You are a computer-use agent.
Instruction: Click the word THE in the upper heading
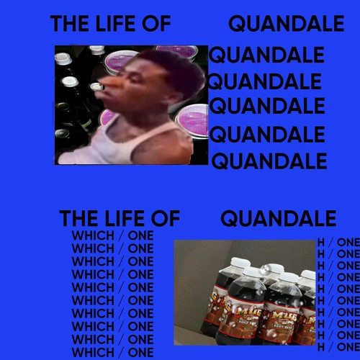(67, 24)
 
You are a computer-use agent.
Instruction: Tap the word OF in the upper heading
(155, 24)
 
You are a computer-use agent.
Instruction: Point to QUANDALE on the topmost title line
(286, 24)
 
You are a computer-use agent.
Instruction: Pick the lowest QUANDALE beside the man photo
(268, 160)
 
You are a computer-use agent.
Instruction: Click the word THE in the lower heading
(76, 218)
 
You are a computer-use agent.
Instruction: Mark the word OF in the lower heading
(163, 218)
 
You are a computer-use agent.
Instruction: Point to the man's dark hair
(155, 61)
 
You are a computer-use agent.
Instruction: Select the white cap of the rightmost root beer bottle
(308, 276)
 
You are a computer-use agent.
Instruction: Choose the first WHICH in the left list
(92, 236)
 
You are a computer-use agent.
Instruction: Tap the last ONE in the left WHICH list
(140, 351)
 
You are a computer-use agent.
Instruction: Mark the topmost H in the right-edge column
(321, 242)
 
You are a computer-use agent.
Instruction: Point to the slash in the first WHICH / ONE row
(120, 236)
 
